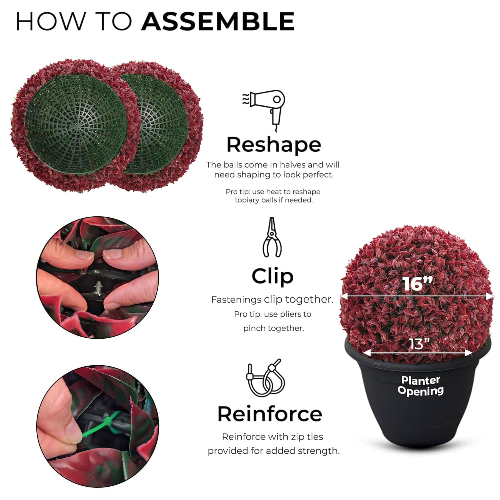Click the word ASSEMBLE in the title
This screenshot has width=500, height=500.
218,21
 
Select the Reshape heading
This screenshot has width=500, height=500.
274,145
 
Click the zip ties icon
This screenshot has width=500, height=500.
265,377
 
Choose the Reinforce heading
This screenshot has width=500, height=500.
270,414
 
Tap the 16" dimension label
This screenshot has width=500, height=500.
417,284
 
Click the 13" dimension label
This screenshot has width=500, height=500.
419,344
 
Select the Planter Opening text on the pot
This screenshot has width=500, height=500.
421,385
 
